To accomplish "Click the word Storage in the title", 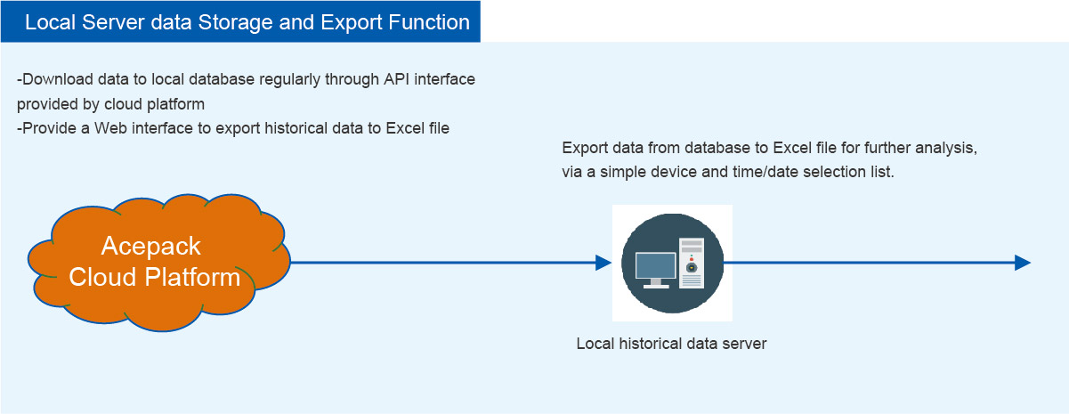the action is tap(235, 23).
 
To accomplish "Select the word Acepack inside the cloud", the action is tap(150, 247).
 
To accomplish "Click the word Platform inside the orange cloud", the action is tap(192, 277).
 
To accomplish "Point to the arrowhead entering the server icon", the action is tap(603, 263).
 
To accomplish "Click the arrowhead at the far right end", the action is tap(1023, 263).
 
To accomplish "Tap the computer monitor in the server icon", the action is tap(655, 270).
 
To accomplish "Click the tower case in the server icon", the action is tap(692, 263).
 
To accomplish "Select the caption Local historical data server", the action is tap(671, 344).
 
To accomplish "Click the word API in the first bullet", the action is tap(396, 79).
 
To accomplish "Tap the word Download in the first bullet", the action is tap(58, 79).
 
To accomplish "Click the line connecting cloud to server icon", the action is tap(443, 263).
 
